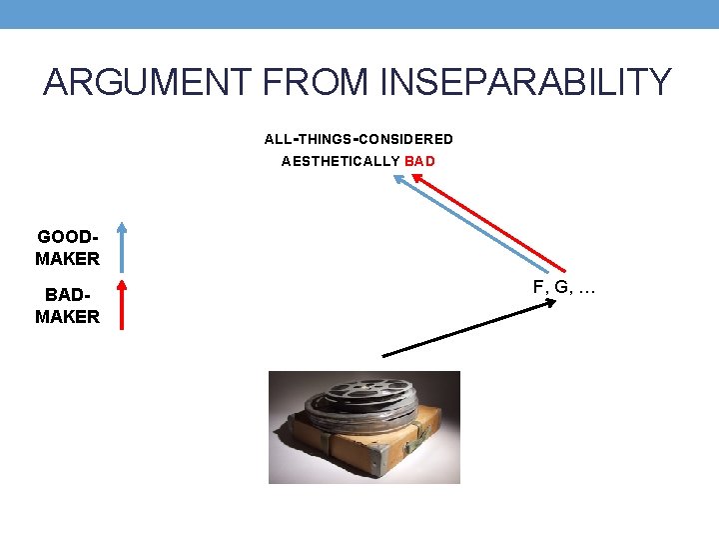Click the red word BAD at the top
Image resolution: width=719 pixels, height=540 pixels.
click(x=420, y=161)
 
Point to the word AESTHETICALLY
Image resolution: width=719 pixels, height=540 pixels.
click(x=341, y=161)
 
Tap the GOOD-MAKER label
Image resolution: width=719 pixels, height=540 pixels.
click(x=67, y=248)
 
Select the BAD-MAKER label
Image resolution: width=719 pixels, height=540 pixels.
click(x=67, y=306)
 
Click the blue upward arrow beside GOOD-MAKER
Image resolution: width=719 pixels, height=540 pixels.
click(x=120, y=246)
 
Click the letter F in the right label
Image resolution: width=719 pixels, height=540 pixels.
click(x=538, y=288)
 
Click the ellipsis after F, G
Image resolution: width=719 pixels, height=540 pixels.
click(x=586, y=290)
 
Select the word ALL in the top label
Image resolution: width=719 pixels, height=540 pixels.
click(x=278, y=139)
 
